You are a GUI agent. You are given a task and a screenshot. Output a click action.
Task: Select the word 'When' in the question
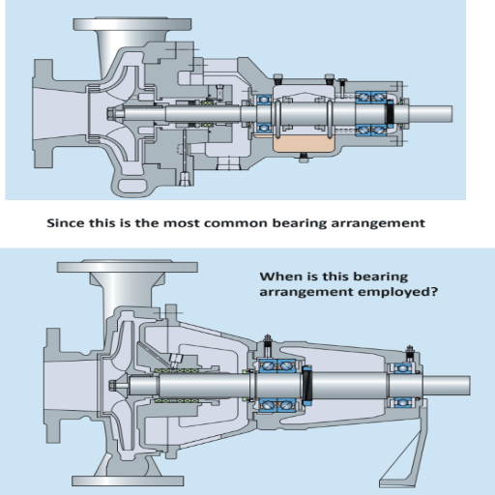[x=277, y=275]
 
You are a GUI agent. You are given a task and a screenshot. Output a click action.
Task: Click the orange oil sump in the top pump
[x=304, y=144]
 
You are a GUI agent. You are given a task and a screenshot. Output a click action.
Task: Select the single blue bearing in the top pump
[x=262, y=112]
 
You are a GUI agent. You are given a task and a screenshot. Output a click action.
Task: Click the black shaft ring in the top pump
[x=391, y=112]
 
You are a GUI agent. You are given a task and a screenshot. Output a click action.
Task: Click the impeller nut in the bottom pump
[x=115, y=387]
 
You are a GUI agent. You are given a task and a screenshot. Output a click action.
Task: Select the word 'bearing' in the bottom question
[x=368, y=275]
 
